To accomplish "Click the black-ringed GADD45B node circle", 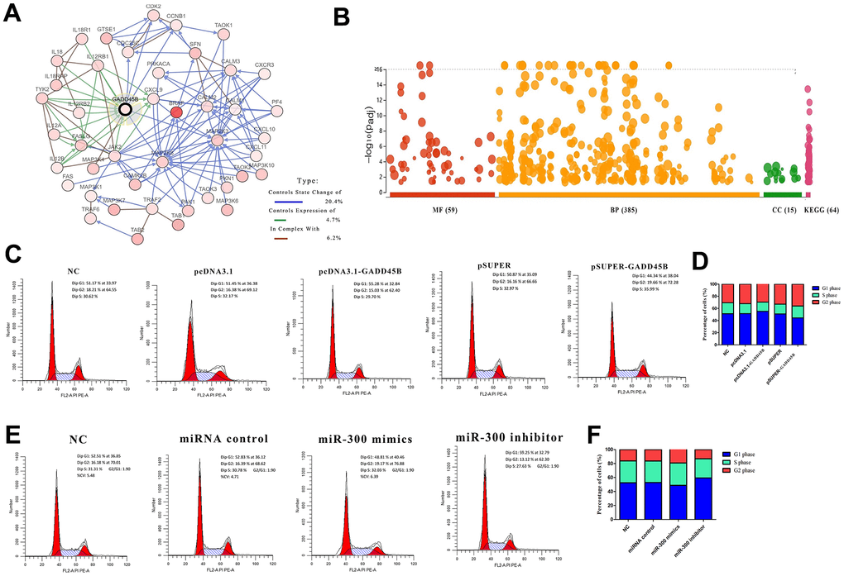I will coord(126,109).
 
